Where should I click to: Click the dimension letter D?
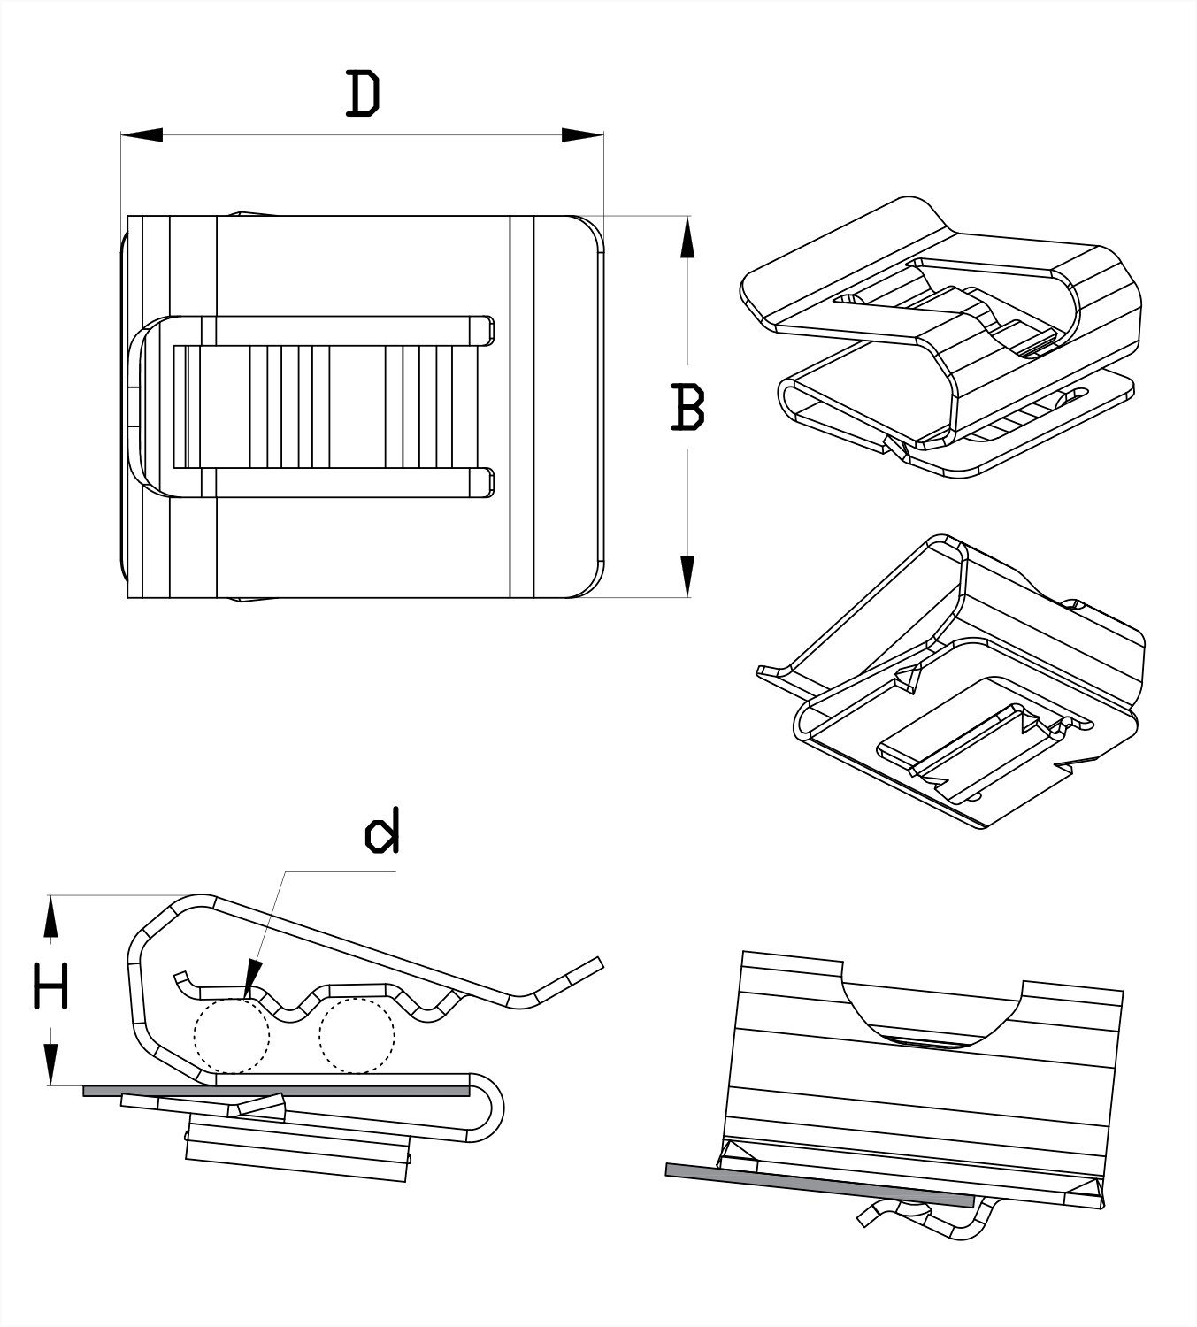362,95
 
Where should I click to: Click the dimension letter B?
687,407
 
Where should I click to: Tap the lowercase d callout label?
382,832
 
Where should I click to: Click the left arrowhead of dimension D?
142,134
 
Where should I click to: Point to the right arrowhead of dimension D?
582,134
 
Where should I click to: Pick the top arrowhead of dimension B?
687,237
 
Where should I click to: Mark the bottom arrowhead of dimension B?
687,576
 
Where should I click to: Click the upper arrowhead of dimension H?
51,917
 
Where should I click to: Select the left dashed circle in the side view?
231,1035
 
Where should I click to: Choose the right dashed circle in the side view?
356,1035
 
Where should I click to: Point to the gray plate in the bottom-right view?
818,1185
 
